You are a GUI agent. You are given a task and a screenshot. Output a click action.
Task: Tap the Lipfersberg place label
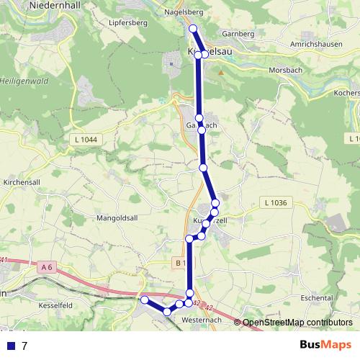pyautogui.click(x=129, y=23)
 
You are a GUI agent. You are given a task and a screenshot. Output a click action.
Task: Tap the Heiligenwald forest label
pyautogui.click(x=22, y=78)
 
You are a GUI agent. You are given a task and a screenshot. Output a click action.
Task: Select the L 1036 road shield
pyautogui.click(x=275, y=203)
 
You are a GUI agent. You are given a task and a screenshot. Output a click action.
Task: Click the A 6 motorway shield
pyautogui.click(x=48, y=267)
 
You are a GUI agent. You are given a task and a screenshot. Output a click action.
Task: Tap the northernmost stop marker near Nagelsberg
pyautogui.click(x=192, y=29)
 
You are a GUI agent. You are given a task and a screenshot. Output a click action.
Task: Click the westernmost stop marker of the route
pyautogui.click(x=144, y=300)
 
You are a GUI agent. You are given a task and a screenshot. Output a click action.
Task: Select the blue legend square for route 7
pyautogui.click(x=10, y=346)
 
